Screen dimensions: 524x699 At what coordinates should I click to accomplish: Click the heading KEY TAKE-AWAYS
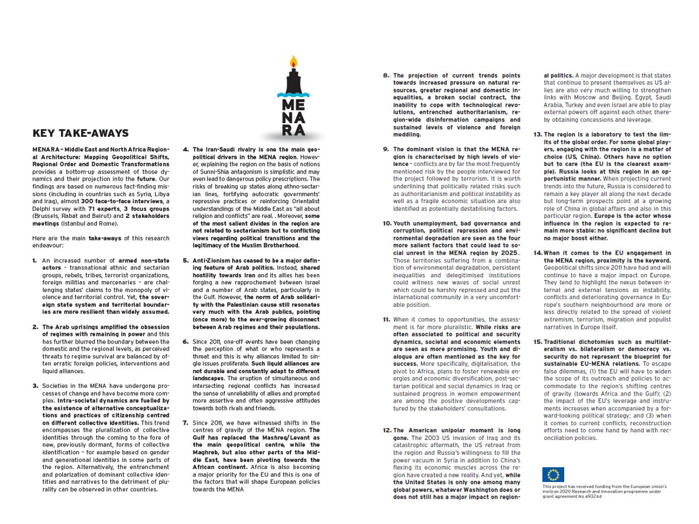tap(80, 133)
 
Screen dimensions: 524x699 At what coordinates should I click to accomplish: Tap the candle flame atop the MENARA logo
tap(294, 61)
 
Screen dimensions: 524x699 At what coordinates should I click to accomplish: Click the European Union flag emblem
tap(553, 475)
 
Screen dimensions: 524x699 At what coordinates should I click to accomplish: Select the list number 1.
tap(35, 260)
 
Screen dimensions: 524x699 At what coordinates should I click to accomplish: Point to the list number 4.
tap(186, 150)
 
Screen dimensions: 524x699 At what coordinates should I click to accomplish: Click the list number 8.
tap(386, 76)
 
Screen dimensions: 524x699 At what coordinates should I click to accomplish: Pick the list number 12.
tap(387, 430)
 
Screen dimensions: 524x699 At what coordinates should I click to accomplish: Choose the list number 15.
tap(538, 342)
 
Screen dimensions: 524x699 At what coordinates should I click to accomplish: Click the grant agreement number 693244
tap(591, 497)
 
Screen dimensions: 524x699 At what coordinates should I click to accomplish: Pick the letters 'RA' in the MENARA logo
tap(293, 130)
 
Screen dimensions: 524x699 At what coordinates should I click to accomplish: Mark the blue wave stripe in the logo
tap(293, 94)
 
